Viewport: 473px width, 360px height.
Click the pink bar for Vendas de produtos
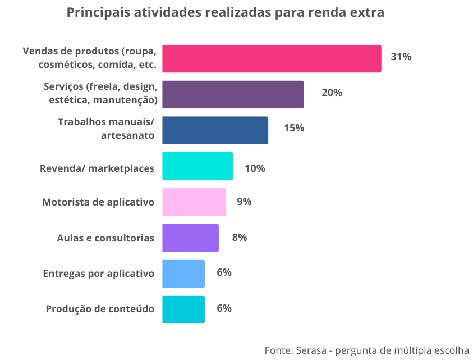[x=272, y=58]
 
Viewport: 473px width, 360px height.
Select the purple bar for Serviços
[x=233, y=94]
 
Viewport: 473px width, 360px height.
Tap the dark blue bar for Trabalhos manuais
[x=215, y=130]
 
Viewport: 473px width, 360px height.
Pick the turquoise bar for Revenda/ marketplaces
[x=198, y=166]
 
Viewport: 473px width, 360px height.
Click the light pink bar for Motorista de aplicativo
[x=194, y=202]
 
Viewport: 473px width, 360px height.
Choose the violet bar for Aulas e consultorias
[x=190, y=238]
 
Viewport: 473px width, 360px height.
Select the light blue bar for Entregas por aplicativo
[x=183, y=274]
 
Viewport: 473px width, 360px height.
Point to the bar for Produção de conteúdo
[x=183, y=309]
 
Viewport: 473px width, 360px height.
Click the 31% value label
[x=401, y=57]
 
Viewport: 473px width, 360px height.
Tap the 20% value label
[x=332, y=93]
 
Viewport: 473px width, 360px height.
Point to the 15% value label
[x=293, y=128]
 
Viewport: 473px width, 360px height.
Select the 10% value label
[x=255, y=168]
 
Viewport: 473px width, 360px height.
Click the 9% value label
[x=244, y=202]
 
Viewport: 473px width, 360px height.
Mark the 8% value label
[x=240, y=238]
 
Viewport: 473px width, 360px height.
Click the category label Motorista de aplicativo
[x=98, y=202]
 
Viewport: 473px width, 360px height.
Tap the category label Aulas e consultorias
[x=105, y=238]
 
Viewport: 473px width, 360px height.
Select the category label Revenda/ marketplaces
[x=97, y=168]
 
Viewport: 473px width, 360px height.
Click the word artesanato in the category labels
[x=127, y=135]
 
